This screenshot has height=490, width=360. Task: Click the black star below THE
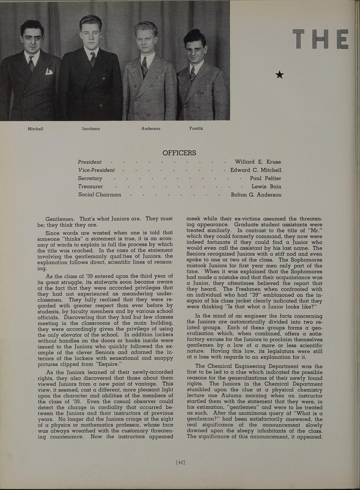click(280, 75)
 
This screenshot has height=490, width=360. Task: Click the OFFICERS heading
click(179, 153)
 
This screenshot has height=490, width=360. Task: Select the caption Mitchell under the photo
click(36, 129)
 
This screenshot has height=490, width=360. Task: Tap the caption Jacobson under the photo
click(91, 129)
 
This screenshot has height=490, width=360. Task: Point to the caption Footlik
click(196, 128)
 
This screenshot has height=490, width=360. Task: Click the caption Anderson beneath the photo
click(151, 128)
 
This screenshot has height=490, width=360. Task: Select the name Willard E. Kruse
click(258, 162)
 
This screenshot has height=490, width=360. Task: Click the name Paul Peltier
click(265, 178)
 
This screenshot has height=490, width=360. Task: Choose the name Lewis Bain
click(266, 187)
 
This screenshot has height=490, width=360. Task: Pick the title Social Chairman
click(99, 195)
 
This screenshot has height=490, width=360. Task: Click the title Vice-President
click(96, 170)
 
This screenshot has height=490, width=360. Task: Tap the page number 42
click(180, 462)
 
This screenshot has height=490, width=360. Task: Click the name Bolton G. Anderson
click(256, 195)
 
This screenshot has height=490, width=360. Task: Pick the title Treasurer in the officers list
click(90, 187)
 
